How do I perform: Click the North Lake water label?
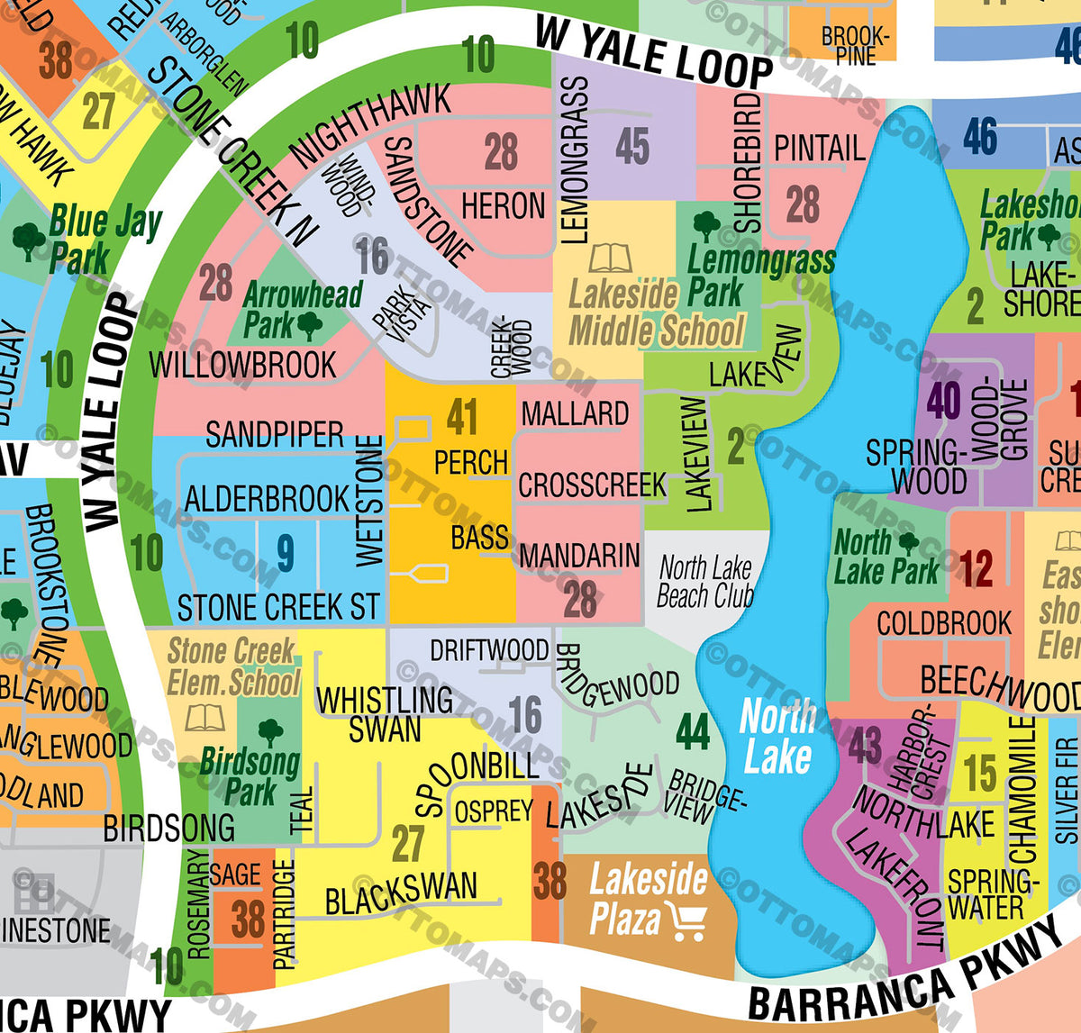pos(777,737)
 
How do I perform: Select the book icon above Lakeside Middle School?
pos(610,258)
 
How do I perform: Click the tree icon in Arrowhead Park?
pos(310,325)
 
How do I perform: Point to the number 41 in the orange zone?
pos(462,418)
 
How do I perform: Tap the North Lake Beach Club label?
pos(704,582)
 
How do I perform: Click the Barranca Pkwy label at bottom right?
pos(905,982)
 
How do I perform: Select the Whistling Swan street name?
pos(385,714)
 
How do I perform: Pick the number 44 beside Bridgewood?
pos(692,732)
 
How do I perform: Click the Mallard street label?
pos(575,414)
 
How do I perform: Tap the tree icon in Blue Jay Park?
pos(29,240)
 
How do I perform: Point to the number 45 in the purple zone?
pos(632,146)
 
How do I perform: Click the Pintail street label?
pos(819,149)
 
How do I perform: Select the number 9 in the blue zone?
pos(285,553)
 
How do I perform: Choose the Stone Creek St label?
pos(278,608)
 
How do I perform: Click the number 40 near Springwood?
pos(943,401)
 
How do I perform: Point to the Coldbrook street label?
pos(944,623)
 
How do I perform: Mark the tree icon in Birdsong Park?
pos(270,731)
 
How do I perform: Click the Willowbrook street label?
pos(242,366)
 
